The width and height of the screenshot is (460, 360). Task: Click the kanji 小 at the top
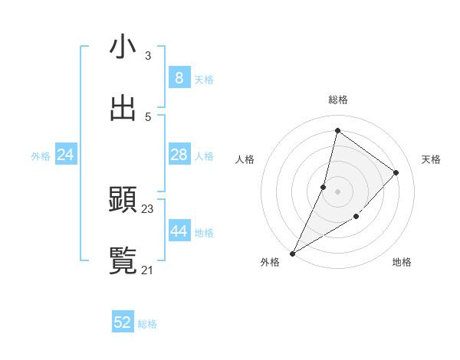coord(123,47)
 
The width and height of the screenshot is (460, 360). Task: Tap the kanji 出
coord(123,108)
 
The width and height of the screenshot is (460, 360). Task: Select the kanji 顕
coord(123,201)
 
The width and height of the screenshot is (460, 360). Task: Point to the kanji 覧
coord(123,262)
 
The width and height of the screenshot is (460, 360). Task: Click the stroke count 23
coord(148,208)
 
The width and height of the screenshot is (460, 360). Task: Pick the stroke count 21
coord(148,270)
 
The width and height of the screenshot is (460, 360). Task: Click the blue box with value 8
coord(179,78)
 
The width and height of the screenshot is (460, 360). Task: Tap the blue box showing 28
coord(179,155)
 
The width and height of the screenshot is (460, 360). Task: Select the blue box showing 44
coord(179,231)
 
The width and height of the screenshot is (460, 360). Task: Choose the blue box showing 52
coord(123,322)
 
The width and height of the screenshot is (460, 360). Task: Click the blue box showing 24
coord(65,155)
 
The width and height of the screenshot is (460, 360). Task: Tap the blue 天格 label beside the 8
coord(204,80)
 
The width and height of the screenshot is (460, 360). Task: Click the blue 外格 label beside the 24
coord(41,156)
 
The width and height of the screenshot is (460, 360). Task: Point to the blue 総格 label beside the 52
coord(147,324)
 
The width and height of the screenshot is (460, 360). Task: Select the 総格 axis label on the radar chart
coord(338,100)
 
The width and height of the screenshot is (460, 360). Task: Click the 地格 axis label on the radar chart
coord(402,262)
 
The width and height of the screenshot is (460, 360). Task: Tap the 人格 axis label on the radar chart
coord(245,159)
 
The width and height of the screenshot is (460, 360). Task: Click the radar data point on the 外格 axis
coord(292,254)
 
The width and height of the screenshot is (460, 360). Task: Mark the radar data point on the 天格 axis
coord(396,172)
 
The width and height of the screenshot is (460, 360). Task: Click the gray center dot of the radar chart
coord(337,191)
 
